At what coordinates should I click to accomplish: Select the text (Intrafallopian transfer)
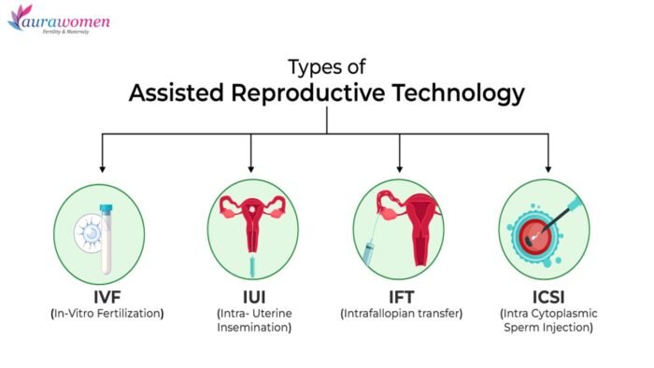coord(402,313)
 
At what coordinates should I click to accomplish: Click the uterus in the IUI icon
coord(251,219)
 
